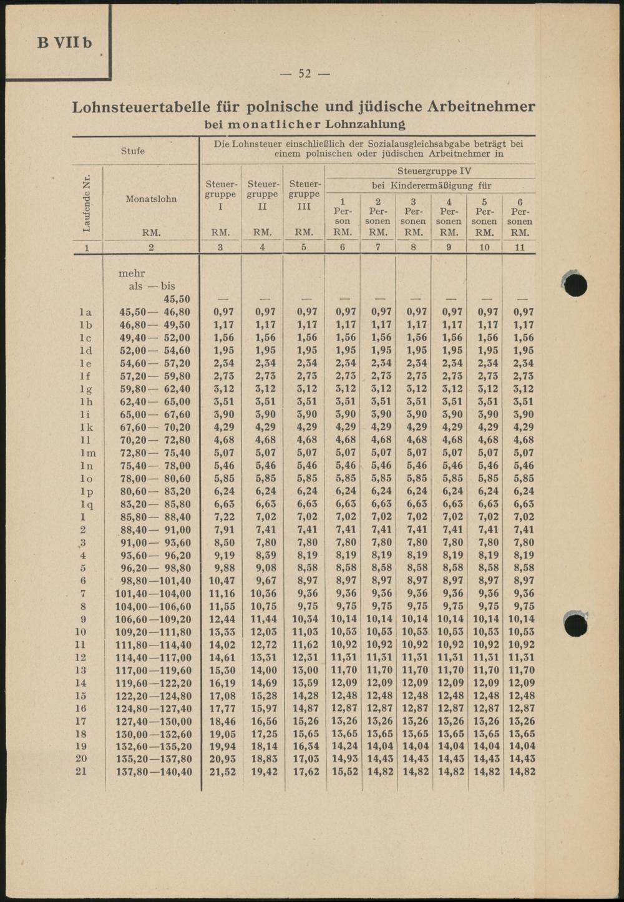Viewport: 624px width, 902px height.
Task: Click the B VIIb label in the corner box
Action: pos(64,42)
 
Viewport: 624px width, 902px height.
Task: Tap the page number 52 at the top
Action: pos(305,74)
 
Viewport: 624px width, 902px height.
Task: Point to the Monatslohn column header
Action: pos(151,199)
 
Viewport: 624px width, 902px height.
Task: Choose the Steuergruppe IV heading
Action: pos(434,171)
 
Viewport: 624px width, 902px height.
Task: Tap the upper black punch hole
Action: pos(575,283)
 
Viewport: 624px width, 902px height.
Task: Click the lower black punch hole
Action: pos(575,625)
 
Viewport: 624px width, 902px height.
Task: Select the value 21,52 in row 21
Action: pos(221,772)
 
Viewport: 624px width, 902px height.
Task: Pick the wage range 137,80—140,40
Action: pos(154,772)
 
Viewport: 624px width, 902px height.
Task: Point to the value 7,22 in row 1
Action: pos(221,517)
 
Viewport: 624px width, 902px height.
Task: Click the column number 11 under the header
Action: pos(520,247)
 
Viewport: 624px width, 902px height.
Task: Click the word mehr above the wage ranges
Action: pos(132,273)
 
